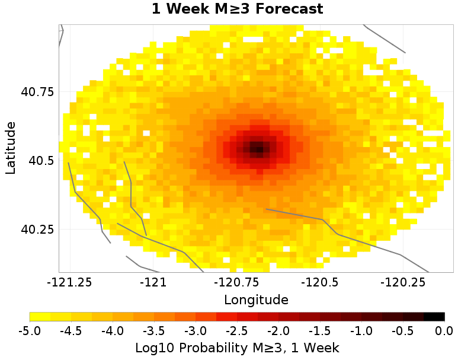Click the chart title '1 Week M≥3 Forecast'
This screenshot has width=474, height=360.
pos(237,9)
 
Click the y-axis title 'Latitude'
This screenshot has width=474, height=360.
pos(11,148)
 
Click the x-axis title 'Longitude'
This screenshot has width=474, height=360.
pos(256,300)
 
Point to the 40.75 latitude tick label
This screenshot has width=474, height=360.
pos(37,92)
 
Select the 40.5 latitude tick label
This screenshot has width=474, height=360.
pos(41,161)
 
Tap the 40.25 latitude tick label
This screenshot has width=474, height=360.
pos(37,230)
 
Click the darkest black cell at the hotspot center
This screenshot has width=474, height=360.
pos(256,146)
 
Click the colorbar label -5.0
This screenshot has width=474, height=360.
pos(30,330)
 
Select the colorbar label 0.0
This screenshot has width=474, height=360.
pos(444,330)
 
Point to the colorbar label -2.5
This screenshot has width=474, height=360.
pos(237,330)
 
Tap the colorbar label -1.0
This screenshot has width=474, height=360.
pos(361,330)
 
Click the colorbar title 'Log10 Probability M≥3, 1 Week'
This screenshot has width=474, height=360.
pos(237,346)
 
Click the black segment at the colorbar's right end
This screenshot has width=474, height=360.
pos(434,317)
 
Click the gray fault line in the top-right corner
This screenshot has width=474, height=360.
pos(385,39)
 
